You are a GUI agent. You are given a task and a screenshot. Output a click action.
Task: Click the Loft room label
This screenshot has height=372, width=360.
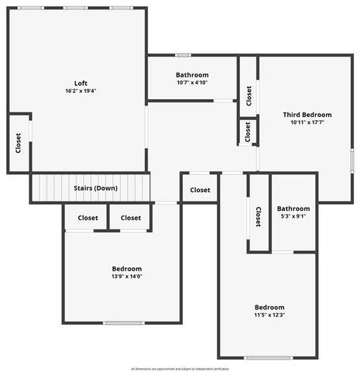[81, 83]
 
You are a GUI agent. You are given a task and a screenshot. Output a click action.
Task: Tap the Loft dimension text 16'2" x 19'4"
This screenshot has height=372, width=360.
[81, 91]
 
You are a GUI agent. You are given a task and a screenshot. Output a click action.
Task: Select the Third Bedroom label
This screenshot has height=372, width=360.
[307, 115]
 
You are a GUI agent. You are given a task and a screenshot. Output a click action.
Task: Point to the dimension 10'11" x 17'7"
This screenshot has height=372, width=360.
[307, 122]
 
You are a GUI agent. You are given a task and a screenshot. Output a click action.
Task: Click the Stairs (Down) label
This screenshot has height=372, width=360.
[95, 188]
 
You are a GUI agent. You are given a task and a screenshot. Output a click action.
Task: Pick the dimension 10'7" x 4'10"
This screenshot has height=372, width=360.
[192, 83]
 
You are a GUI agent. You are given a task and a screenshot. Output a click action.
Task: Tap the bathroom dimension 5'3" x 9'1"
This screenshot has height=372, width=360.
[293, 216]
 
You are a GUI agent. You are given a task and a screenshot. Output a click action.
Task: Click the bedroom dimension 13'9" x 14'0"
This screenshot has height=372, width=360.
[122, 277]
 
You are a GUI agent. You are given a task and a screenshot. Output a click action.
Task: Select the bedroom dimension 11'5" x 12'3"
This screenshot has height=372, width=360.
[269, 315]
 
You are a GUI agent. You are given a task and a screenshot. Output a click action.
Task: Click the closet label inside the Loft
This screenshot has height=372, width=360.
[18, 142]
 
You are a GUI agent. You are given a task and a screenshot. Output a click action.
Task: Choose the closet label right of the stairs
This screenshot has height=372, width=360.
[200, 190]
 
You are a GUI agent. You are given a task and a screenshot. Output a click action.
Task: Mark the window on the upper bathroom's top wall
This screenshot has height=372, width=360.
[183, 55]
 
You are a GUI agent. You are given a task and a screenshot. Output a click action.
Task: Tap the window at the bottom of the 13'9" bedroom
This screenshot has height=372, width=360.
[124, 323]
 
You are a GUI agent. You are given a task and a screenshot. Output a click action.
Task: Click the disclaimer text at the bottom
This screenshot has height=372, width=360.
[180, 368]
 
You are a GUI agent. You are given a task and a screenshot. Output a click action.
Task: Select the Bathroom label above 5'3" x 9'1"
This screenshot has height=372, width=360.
[293, 208]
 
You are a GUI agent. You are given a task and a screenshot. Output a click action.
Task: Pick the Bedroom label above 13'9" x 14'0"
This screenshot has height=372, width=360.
[122, 269]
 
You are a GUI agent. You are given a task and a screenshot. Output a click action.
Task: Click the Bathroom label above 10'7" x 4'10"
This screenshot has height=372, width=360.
[192, 75]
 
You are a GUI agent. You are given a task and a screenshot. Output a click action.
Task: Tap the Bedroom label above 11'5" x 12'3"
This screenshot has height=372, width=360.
[269, 307]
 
